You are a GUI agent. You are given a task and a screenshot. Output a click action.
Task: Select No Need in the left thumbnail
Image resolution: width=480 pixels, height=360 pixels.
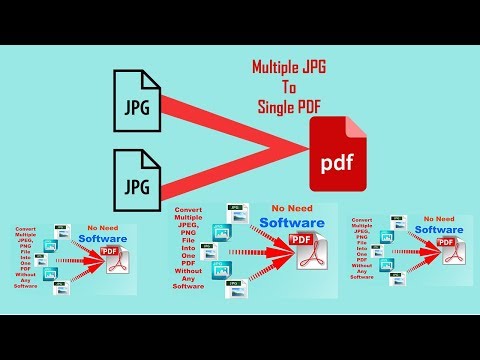pyautogui.click(x=108, y=228)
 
